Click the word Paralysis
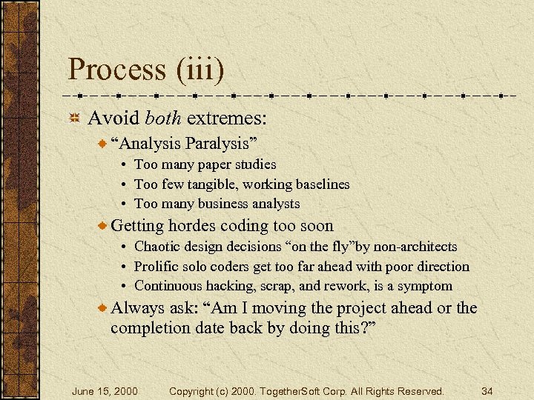[x=220, y=142]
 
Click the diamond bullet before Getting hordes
[x=103, y=226]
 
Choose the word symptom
[x=424, y=285]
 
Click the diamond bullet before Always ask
[x=103, y=308]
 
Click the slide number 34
[x=487, y=390]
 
